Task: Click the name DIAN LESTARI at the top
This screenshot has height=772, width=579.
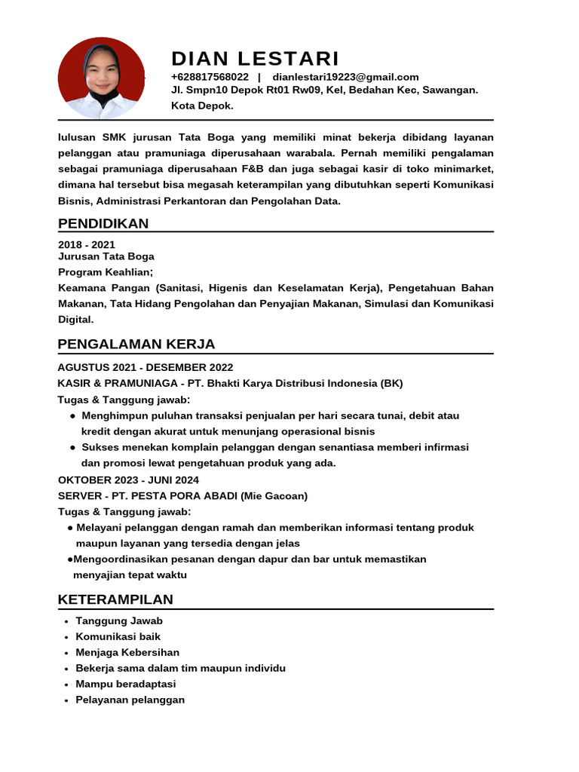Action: pos(255,59)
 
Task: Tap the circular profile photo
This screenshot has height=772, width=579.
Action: pos(101,78)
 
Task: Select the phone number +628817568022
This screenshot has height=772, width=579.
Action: pos(210,77)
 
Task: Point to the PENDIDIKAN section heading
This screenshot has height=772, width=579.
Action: pos(103,223)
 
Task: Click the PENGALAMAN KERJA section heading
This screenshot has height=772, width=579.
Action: pos(136,345)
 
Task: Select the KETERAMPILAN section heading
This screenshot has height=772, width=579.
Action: pos(115,599)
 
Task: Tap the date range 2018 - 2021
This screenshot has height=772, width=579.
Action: pos(87,244)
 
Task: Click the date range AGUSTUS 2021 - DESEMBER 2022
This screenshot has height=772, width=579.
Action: pos(146,367)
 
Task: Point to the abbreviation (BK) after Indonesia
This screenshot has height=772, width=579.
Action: pos(391,383)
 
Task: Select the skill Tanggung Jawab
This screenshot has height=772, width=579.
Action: pos(119,620)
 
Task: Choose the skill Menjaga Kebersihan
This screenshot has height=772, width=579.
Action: pos(127,652)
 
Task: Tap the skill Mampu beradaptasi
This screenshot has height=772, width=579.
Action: pos(125,684)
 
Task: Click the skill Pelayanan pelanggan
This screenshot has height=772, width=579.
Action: pos(130,700)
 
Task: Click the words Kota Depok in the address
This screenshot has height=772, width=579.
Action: pos(202,106)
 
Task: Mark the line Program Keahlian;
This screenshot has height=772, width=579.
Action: pos(106,271)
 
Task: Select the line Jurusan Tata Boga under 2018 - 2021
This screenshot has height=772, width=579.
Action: pos(106,256)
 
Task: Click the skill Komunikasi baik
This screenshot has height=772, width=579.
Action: pos(118,636)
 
